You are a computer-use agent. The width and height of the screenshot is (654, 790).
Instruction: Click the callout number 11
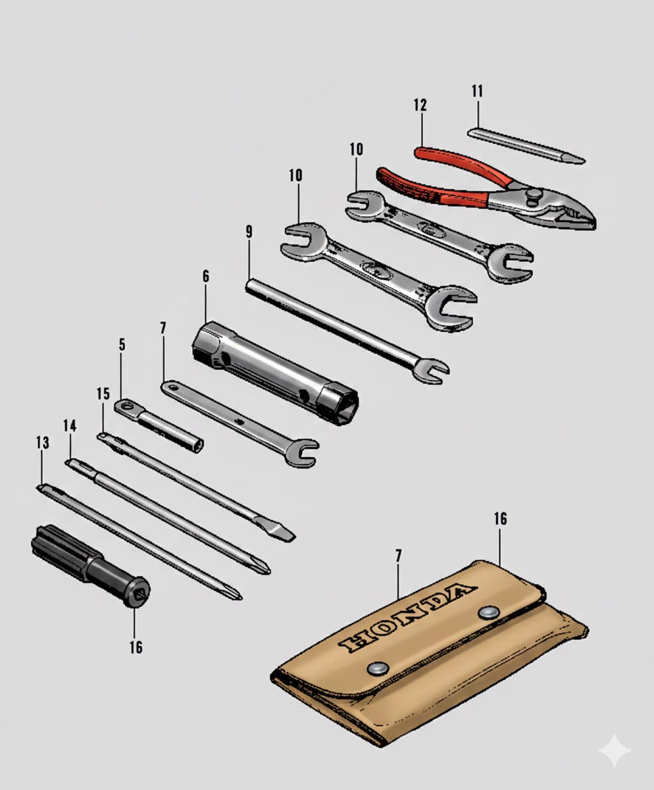(x=478, y=92)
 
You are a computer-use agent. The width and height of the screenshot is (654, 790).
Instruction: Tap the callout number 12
(x=420, y=105)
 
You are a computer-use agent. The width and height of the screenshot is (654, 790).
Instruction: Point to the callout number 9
(x=249, y=232)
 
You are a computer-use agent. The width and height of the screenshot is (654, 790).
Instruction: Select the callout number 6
(x=205, y=276)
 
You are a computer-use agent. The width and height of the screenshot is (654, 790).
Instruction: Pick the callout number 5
(x=122, y=344)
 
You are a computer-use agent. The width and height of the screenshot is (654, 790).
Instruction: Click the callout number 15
(x=103, y=394)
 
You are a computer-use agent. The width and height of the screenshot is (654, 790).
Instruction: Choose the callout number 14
(x=70, y=426)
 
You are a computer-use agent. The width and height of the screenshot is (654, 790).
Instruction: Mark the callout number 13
(x=42, y=442)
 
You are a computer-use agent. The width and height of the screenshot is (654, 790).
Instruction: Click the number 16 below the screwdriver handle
(x=136, y=647)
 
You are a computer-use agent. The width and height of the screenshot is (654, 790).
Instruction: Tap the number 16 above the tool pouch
(x=500, y=519)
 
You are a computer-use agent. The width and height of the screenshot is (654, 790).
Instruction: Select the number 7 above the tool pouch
(x=398, y=556)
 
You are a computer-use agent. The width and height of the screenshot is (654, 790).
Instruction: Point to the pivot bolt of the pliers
(x=534, y=197)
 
